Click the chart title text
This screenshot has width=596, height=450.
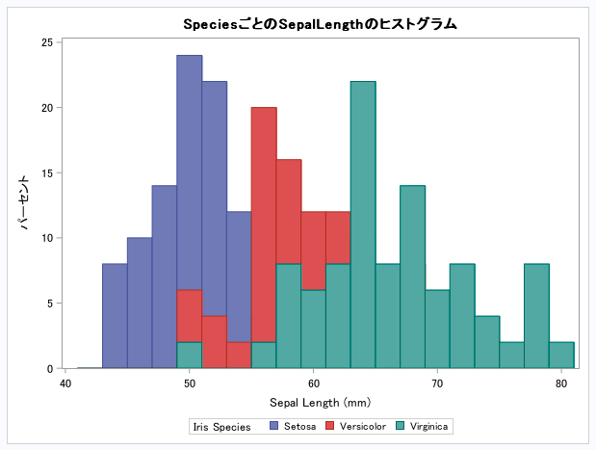[x=320, y=22]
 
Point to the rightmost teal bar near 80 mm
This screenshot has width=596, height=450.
[x=561, y=356]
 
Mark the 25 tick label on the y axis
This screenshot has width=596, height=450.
[x=47, y=42]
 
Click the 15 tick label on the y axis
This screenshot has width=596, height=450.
[x=47, y=173]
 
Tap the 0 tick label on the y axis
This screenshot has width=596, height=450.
[x=50, y=369]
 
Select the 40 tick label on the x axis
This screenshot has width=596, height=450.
[x=65, y=384]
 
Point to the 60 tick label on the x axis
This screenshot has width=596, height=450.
[x=313, y=384]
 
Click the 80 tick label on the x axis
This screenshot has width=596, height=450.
[x=561, y=384]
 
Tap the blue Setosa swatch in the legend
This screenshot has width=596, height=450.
[x=274, y=426]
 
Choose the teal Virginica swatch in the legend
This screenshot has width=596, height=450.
[x=401, y=426]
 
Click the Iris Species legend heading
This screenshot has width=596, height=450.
[x=221, y=426]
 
